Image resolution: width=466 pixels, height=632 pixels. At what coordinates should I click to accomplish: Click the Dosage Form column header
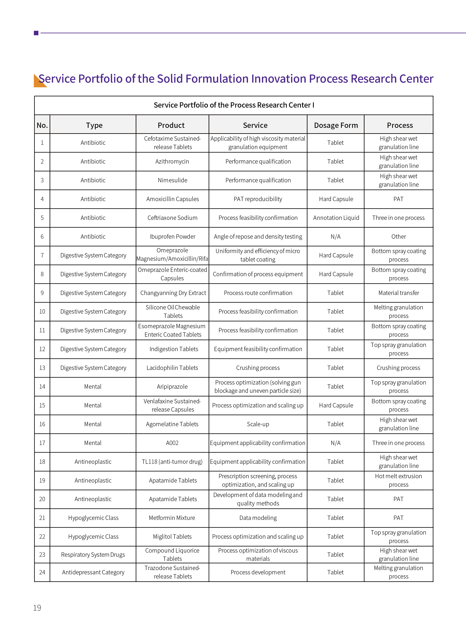336,125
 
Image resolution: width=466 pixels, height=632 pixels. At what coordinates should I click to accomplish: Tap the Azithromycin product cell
172,161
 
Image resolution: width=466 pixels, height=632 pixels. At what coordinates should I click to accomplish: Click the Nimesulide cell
172,180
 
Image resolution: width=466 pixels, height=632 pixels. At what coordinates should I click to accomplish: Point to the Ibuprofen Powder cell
172,237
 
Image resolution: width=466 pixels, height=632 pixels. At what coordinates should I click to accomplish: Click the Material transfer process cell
398,293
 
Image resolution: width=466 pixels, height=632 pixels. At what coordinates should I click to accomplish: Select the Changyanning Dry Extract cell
173,293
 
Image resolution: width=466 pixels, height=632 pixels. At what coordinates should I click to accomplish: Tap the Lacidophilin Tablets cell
172,368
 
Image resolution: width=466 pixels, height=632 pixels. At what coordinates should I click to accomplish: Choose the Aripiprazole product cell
172,386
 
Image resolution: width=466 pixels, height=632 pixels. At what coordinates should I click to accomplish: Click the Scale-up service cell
258,424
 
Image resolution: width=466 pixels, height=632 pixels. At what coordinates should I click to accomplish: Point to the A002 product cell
172,443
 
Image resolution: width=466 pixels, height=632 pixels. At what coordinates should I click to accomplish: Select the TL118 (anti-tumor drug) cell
172,462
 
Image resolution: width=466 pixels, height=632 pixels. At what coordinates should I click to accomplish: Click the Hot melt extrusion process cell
398,480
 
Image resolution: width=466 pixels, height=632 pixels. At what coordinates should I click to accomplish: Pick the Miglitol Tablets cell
172,536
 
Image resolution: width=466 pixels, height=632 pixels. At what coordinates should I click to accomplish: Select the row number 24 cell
42,572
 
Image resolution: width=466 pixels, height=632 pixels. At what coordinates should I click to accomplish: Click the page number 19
37,608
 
